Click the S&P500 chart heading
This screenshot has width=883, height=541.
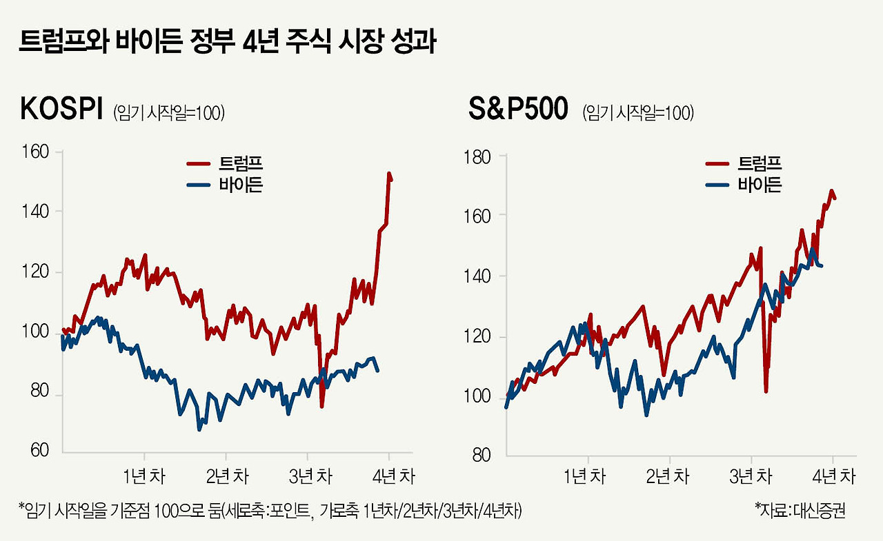[518, 110]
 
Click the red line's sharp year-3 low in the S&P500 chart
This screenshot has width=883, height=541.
[766, 391]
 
